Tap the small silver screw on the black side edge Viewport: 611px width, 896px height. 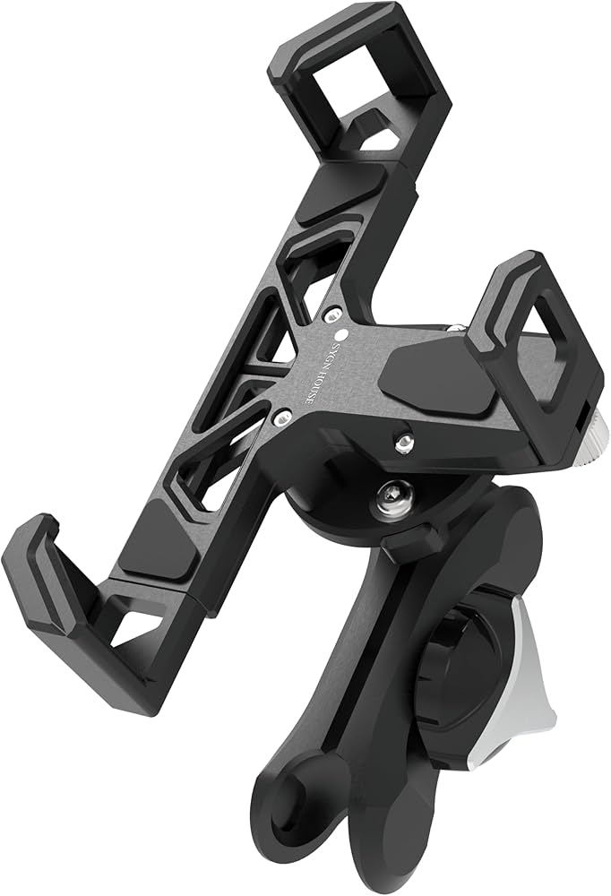(404, 440)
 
